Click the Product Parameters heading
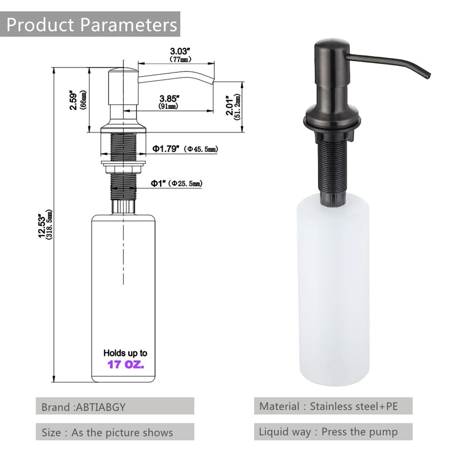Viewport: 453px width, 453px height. [92, 24]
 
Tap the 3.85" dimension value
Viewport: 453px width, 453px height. [168, 98]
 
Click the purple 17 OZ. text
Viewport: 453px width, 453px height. [125, 364]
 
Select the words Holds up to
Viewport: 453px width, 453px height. [125, 353]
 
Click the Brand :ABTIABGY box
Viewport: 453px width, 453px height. [115, 406]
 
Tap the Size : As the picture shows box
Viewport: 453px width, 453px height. [115, 432]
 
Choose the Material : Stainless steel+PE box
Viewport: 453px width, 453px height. [333, 406]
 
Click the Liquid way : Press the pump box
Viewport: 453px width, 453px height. [333, 432]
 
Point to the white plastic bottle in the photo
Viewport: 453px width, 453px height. [333, 294]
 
